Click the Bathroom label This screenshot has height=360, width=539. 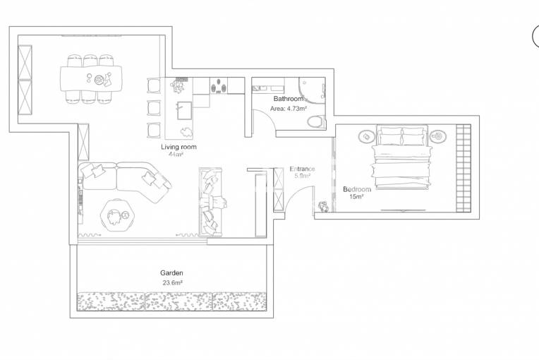[x=289, y=99]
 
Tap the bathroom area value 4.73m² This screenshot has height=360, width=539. [x=296, y=109]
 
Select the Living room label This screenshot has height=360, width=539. [x=178, y=147]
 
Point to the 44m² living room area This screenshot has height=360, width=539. [x=176, y=155]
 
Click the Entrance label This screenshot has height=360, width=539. [x=302, y=169]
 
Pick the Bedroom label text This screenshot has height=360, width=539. [x=357, y=189]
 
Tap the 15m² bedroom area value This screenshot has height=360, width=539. [x=356, y=197]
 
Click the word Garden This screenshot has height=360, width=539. [x=171, y=273]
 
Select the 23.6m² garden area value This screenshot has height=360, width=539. [x=172, y=282]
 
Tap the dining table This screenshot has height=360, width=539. [x=91, y=79]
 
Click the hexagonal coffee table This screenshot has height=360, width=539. [x=118, y=215]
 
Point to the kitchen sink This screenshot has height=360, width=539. [x=184, y=110]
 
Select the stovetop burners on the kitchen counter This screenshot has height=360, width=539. [x=219, y=85]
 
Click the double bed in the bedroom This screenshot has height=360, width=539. [x=402, y=157]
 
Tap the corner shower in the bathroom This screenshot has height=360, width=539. [x=312, y=90]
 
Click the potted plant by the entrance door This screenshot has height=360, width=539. [x=323, y=207]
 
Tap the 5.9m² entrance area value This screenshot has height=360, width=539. [x=302, y=176]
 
